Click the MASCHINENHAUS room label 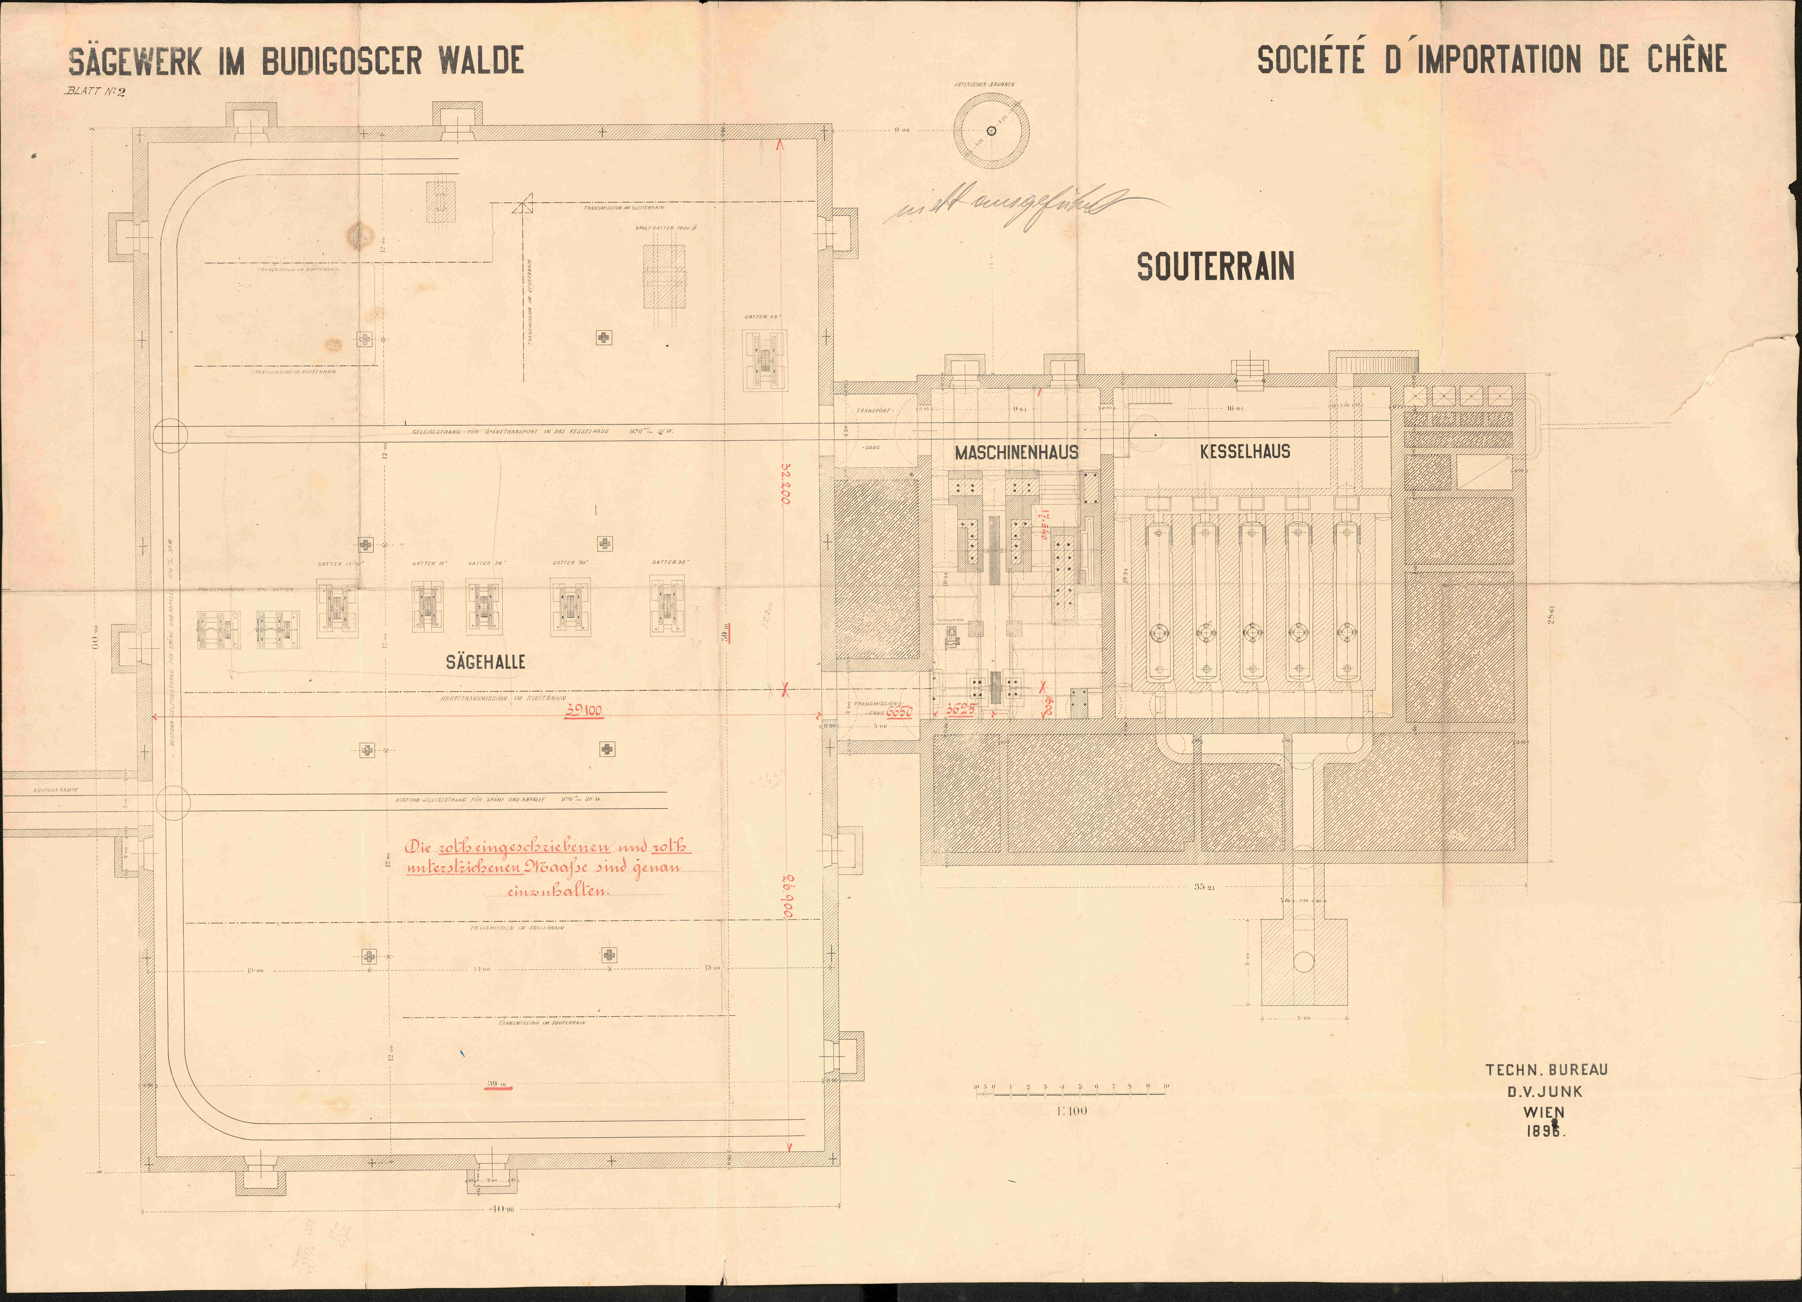pos(1016,452)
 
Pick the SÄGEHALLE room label pos(485,661)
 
